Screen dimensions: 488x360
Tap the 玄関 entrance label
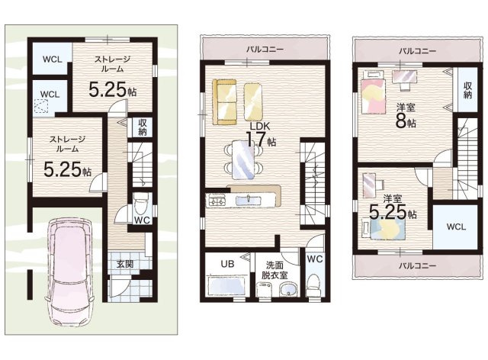[125, 264]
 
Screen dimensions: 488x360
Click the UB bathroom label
[227, 264]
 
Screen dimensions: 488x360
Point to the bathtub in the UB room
[228, 286]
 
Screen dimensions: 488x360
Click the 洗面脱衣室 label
[274, 270]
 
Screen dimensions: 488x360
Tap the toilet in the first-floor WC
[142, 204]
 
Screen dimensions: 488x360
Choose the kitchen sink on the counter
[248, 201]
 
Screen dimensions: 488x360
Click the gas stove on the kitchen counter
[217, 200]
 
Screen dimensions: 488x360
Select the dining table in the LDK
[243, 159]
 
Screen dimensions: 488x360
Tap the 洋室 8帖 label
[406, 116]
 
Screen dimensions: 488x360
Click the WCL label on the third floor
[456, 227]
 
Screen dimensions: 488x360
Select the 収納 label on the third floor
[467, 90]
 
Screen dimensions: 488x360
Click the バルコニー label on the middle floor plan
[265, 50]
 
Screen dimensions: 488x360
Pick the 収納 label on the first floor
[143, 127]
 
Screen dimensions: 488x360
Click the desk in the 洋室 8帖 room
[404, 78]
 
